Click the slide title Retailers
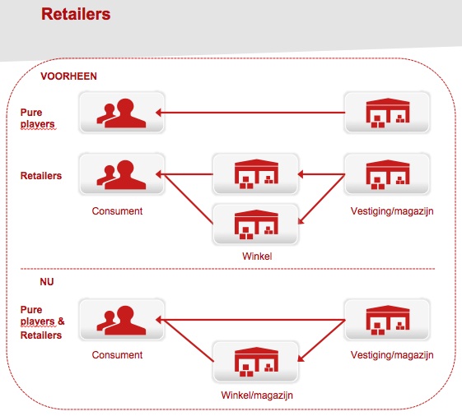pos(76,14)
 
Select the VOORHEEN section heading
pos(68,76)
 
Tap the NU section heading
pos(47,282)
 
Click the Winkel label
pos(257,257)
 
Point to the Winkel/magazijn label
pos(257,395)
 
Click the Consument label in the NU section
pos(117,355)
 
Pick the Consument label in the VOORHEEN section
pos(117,211)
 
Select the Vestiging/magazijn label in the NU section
pos(392,355)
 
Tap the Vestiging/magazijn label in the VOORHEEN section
pos(392,211)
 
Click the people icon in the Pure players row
pos(121,113)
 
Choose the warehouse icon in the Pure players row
pos(388,113)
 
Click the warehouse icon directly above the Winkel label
pos(256,224)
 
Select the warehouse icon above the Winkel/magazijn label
pos(256,362)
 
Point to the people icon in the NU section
pos(121,320)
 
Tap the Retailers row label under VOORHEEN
pos(41,176)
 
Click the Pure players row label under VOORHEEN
pos(37,118)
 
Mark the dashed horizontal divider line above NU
pos(227,269)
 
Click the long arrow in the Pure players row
pos(250,113)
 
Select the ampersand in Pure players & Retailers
pos(61,321)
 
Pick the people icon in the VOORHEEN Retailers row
pos(121,174)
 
